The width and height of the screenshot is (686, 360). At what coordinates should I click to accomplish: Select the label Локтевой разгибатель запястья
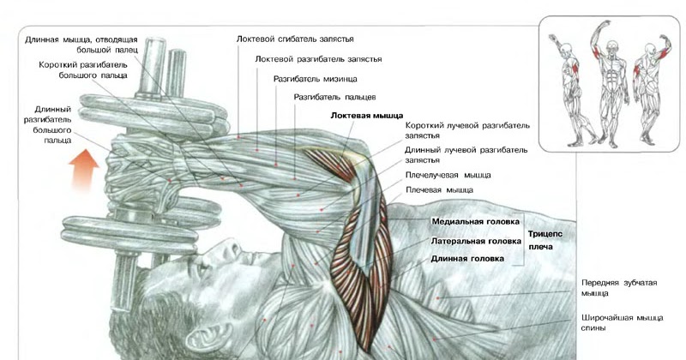[318, 59]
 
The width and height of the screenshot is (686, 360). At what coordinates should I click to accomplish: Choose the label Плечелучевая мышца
[445, 174]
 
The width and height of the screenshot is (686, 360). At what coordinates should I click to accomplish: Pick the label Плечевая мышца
[439, 190]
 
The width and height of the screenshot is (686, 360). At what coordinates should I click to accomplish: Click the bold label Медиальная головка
[476, 220]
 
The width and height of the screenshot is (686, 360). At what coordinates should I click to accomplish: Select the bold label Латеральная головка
[476, 241]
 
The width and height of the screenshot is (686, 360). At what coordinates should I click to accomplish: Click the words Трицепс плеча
[546, 239]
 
